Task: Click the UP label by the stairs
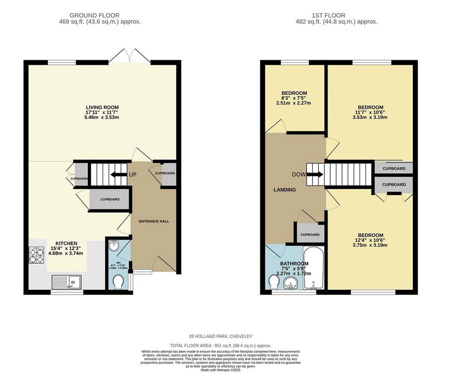pyautogui.click(x=132, y=175)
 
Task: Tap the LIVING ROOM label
pyautogui.click(x=102, y=107)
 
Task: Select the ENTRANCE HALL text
pyautogui.click(x=154, y=221)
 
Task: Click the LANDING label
pyautogui.click(x=284, y=190)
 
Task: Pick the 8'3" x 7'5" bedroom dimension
pyautogui.click(x=294, y=98)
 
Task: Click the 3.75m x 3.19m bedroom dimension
pyautogui.click(x=370, y=245)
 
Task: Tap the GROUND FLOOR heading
pyautogui.click(x=94, y=15)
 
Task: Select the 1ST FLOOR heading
pyautogui.click(x=328, y=15)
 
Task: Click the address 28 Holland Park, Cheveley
pyautogui.click(x=220, y=336)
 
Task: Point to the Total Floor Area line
pyautogui.click(x=220, y=346)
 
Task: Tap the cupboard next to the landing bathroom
pyautogui.click(x=310, y=234)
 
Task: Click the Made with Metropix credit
pyautogui.click(x=220, y=370)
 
